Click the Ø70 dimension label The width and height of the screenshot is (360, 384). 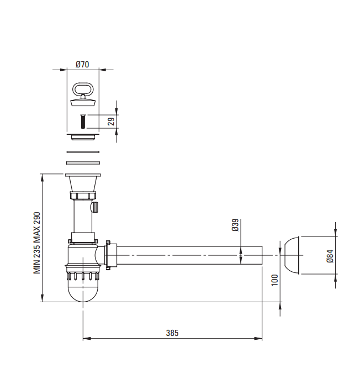82,65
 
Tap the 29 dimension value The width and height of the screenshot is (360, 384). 111,122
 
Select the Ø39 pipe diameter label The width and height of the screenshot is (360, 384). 235,225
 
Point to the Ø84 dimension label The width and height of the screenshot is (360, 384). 330,256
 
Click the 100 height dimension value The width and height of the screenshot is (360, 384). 275,280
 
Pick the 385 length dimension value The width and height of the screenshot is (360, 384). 172,333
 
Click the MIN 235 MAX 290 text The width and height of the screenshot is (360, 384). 37,243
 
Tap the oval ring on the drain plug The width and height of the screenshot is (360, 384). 83,89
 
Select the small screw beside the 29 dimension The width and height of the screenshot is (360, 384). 83,122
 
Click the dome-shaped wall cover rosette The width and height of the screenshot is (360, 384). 292,255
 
